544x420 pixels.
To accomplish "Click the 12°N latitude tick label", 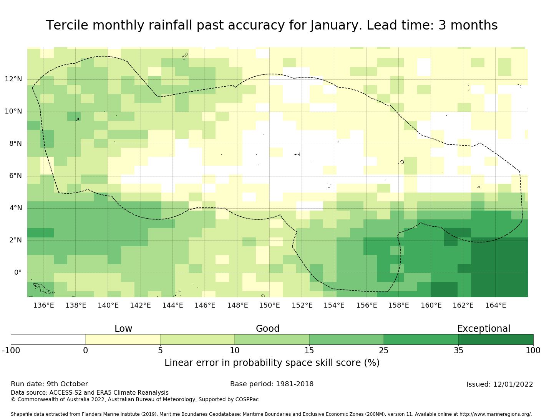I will point(13,79).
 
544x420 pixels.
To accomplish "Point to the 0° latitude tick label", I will point(18,273).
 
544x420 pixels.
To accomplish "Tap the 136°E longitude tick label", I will point(43,306).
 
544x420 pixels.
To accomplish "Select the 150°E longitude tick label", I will point(269,306).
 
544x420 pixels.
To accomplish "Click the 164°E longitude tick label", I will point(496,306).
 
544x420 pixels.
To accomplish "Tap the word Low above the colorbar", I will point(123,329).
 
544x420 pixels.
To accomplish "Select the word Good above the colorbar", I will point(268,329).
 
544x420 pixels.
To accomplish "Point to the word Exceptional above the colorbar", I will point(484,329).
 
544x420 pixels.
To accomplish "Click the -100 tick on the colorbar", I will point(11,350).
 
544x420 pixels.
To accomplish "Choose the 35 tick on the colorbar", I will point(458,350).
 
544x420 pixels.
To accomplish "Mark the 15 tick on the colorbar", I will point(309,350).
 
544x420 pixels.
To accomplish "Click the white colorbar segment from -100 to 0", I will point(48,339).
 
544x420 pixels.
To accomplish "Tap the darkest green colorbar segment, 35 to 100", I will point(496,339).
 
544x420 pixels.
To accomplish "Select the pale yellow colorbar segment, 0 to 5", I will point(123,339).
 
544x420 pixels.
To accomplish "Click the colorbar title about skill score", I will point(272,363).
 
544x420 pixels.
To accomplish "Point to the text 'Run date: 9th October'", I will point(49,384).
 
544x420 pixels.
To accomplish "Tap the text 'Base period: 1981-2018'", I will point(272,384).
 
